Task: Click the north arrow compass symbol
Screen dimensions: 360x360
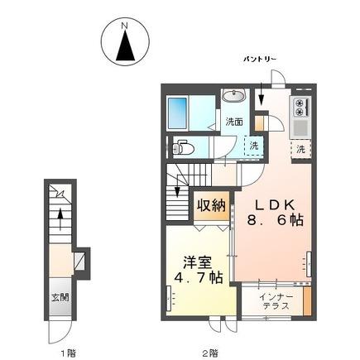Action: coord(124,46)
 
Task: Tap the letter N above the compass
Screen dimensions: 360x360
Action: coord(124,26)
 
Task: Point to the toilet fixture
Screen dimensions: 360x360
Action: coord(186,149)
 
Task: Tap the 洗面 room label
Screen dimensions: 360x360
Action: coord(234,122)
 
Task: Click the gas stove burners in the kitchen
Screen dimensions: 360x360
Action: coord(299,108)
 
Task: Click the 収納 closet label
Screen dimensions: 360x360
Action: coord(212,204)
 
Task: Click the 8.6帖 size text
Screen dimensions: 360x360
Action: coord(272,221)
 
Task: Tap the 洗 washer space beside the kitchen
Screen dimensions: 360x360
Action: coord(301,149)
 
